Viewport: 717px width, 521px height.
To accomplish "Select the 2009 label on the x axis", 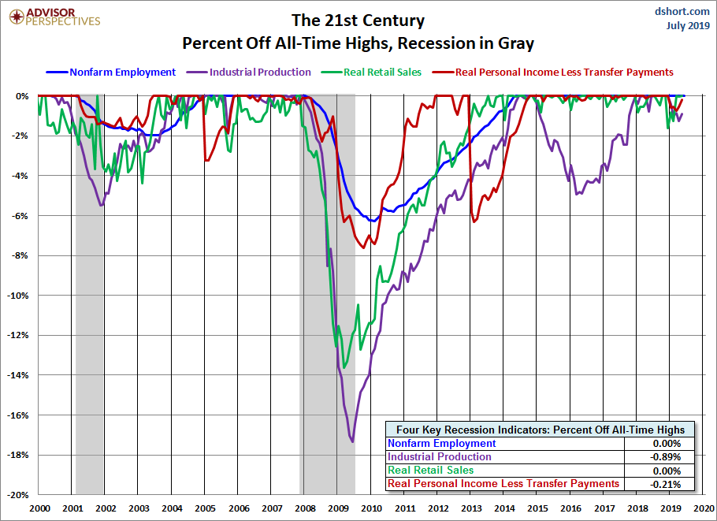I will click(x=338, y=509).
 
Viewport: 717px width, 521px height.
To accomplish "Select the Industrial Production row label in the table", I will click(x=440, y=457).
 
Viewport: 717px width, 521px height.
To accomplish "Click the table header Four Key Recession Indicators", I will click(x=540, y=430).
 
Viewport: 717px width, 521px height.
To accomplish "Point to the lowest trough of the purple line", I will click(x=352, y=441).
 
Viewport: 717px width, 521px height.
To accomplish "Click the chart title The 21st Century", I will click(x=358, y=20).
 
